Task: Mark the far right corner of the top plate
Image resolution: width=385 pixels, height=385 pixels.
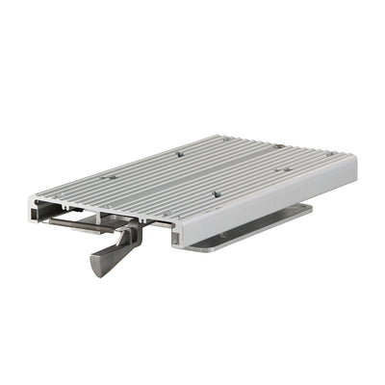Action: click(355, 161)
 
